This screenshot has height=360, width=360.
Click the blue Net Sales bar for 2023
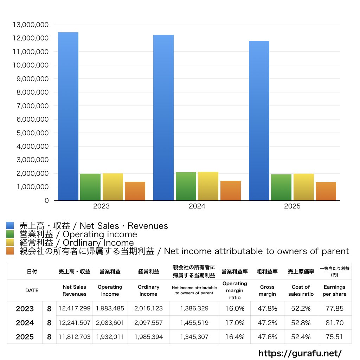pos(68,116)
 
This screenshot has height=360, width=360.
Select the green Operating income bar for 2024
pos(186,186)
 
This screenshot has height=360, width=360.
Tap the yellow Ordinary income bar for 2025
pos(304,187)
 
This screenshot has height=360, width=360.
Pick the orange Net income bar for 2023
pos(135,191)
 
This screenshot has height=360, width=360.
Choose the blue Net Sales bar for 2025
pos(259,121)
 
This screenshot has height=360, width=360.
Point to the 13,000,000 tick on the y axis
pos(31,25)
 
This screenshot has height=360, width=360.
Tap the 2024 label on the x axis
pos(197,206)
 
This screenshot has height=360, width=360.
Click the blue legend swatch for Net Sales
pos(10,226)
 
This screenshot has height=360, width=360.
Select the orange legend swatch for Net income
pos(10,251)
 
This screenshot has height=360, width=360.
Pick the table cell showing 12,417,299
pos(75,308)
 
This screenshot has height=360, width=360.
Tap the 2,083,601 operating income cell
pos(110,323)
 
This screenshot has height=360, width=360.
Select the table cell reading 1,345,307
pos(194,337)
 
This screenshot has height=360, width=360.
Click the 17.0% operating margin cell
pos(235,323)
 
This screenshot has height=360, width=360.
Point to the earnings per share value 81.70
pos(334,323)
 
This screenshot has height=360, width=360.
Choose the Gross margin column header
pos(267,290)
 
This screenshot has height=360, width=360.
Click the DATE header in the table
pos(32,290)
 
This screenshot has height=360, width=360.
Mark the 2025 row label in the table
pos(25,337)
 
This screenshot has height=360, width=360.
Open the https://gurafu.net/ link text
pos(300,353)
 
